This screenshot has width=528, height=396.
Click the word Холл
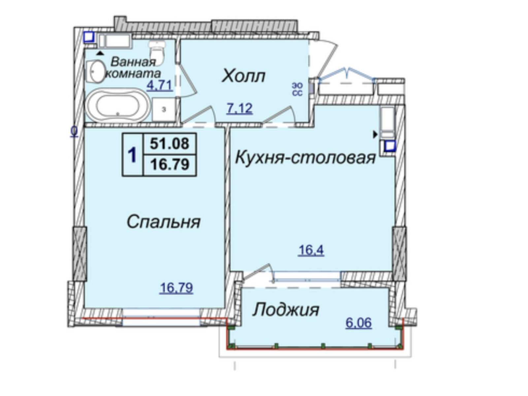pyautogui.click(x=243, y=76)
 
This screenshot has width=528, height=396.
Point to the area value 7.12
pyautogui.click(x=240, y=108)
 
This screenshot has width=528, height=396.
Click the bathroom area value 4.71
pyautogui.click(x=160, y=85)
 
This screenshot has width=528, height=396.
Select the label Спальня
pyautogui.click(x=164, y=222)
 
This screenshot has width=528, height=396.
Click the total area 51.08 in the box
pyautogui.click(x=170, y=144)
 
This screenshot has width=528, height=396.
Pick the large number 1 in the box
pyautogui.click(x=132, y=155)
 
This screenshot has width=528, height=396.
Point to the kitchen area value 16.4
pyautogui.click(x=311, y=250)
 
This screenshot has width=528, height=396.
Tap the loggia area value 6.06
pyautogui.click(x=359, y=323)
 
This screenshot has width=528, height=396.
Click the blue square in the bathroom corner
pyautogui.click(x=89, y=37)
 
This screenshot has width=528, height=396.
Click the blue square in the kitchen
pyautogui.click(x=390, y=146)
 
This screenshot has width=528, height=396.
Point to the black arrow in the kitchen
pyautogui.click(x=375, y=135)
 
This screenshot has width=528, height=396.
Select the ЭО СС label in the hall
pyautogui.click(x=297, y=89)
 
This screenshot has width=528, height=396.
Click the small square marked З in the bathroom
pyautogui.click(x=164, y=110)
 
